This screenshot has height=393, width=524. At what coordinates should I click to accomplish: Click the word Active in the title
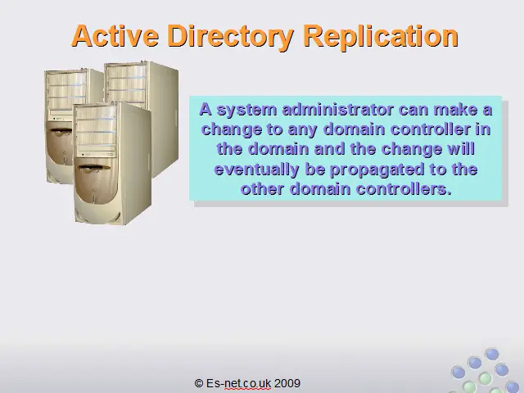(x=115, y=35)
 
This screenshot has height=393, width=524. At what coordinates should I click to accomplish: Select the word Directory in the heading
(x=230, y=37)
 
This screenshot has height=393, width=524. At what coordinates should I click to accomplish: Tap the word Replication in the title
(x=380, y=37)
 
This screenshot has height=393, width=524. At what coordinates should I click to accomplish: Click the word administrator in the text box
(x=337, y=110)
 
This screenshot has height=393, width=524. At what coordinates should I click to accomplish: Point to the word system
(x=246, y=111)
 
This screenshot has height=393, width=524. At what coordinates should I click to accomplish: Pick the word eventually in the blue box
(x=256, y=169)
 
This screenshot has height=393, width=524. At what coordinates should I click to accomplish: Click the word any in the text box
(x=302, y=130)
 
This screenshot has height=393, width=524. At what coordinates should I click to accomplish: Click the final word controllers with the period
(x=404, y=189)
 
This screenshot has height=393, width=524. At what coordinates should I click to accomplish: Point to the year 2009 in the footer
(x=287, y=383)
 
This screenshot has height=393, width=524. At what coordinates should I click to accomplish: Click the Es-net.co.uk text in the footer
(x=238, y=383)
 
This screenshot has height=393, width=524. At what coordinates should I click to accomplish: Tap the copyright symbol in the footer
(x=198, y=383)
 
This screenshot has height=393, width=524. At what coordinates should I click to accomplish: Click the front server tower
(x=112, y=163)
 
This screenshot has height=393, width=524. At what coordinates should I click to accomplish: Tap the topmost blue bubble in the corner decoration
(x=491, y=354)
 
